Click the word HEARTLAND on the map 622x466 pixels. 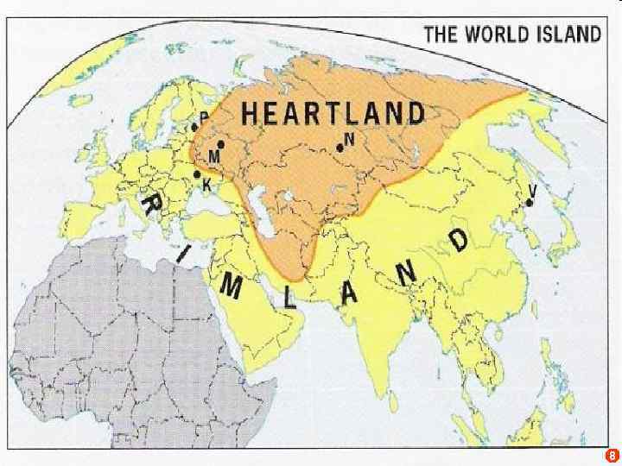(x=333, y=114)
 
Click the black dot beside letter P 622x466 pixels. (x=195, y=128)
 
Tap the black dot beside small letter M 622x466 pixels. (x=221, y=144)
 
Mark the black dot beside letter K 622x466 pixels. (x=198, y=173)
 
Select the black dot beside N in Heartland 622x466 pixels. (x=340, y=148)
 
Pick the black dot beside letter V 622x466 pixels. (x=529, y=203)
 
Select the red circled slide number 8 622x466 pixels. (x=611, y=454)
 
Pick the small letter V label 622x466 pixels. (x=533, y=190)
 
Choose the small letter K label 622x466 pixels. (x=207, y=184)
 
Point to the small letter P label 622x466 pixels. (x=204, y=116)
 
